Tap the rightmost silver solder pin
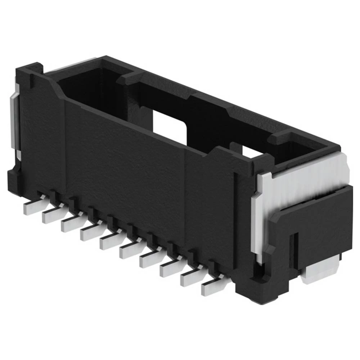pyautogui.click(x=212, y=287)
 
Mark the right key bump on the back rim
pyautogui.click(x=283, y=137)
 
